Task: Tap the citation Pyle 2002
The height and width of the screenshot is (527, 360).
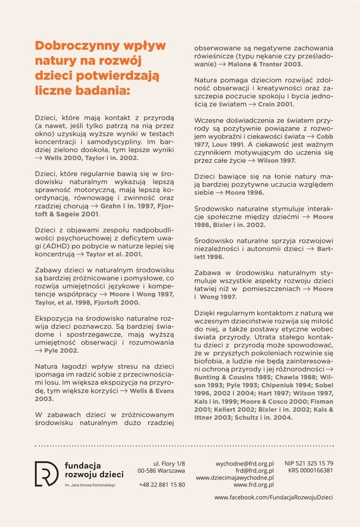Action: (x=60, y=350)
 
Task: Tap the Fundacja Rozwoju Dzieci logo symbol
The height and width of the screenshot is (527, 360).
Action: (x=46, y=473)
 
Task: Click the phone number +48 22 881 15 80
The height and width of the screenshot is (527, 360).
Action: (x=162, y=485)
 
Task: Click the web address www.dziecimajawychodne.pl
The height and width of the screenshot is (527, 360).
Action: (x=235, y=478)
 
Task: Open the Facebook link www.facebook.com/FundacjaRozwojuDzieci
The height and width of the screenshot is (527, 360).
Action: (x=274, y=497)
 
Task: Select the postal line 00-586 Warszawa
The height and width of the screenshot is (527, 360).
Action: (x=161, y=470)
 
